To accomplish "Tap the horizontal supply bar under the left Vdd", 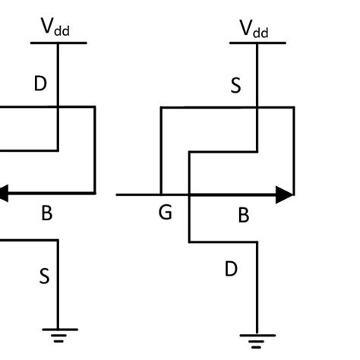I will pyautogui.click(x=58, y=43).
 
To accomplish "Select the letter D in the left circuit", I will pyautogui.click(x=40, y=84).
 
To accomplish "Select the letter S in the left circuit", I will pyautogui.click(x=44, y=276).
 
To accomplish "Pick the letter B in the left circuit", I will pyautogui.click(x=46, y=213).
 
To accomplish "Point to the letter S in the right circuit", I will pyautogui.click(x=235, y=86).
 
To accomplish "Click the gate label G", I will pyautogui.click(x=165, y=213).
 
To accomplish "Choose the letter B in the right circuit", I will pyautogui.click(x=244, y=216).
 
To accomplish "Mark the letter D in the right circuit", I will pyautogui.click(x=232, y=268).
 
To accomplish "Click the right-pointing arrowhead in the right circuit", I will pyautogui.click(x=285, y=194).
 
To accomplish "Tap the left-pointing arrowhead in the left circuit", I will pyautogui.click(x=3, y=194).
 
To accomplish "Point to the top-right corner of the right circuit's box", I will pyautogui.click(x=294, y=108).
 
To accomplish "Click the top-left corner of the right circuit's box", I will pyautogui.click(x=160, y=108).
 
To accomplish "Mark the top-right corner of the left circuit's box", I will pyautogui.click(x=95, y=107).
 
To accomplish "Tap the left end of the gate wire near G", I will pyautogui.click(x=118, y=194).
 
